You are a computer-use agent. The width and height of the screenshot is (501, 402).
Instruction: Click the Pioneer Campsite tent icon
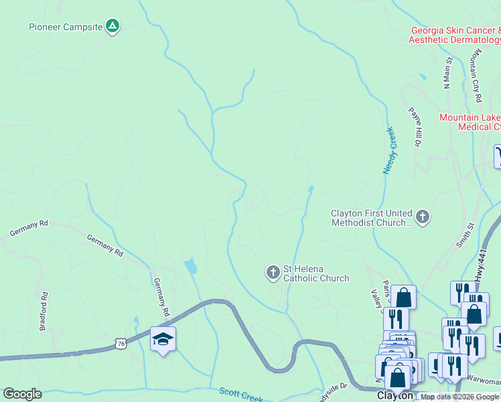(x=113, y=27)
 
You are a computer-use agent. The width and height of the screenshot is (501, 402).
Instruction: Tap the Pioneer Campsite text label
(x=66, y=27)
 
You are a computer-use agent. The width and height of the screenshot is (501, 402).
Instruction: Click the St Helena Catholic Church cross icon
(x=273, y=272)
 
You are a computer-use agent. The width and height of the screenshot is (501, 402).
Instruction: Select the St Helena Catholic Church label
(x=316, y=273)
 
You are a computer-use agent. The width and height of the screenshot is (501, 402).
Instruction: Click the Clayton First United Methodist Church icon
(x=422, y=216)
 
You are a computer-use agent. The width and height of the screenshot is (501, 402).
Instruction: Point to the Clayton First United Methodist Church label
(x=371, y=218)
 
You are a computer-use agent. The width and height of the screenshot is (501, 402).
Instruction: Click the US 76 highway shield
(x=121, y=343)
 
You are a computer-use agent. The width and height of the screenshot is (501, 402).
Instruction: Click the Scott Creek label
(x=241, y=395)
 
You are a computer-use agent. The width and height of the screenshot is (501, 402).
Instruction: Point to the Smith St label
(x=465, y=235)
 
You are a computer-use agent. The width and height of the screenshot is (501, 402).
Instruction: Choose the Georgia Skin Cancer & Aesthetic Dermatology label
(x=455, y=36)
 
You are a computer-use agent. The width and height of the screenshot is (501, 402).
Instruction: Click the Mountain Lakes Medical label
(x=470, y=121)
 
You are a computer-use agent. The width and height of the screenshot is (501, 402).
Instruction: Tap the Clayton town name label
(x=395, y=396)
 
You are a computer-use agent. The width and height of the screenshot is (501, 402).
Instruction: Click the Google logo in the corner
(x=23, y=394)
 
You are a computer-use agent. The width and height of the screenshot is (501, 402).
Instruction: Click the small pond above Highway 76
(x=191, y=266)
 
